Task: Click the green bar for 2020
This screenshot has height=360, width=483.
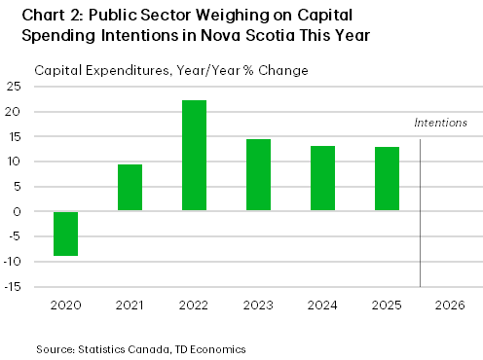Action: [65, 234]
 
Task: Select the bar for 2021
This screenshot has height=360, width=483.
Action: [130, 187]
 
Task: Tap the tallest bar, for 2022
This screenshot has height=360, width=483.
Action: [194, 155]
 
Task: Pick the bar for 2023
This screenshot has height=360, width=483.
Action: [258, 174]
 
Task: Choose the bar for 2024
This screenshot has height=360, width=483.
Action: [322, 178]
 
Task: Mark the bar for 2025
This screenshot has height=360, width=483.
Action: [387, 178]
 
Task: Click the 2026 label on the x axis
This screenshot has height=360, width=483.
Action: [451, 304]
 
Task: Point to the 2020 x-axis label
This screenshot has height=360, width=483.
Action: [65, 304]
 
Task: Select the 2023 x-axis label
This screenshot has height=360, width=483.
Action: [258, 304]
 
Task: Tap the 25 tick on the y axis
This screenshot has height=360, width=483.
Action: [17, 86]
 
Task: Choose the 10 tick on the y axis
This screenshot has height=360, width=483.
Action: [17, 162]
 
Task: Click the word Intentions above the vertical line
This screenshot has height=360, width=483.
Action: [440, 124]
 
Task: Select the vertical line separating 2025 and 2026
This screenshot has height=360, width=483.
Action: [420, 214]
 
